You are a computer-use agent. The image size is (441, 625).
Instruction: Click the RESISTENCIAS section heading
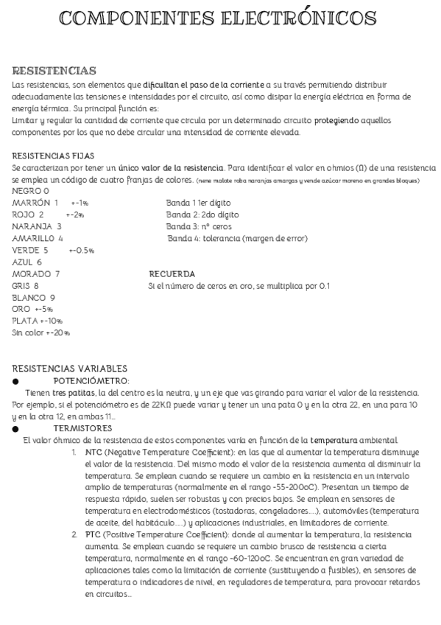coord(54,71)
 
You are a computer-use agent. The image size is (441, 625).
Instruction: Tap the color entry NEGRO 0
coord(31,191)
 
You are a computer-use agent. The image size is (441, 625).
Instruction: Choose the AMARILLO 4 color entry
coord(38,238)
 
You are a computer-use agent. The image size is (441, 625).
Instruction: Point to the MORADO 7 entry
coord(36,273)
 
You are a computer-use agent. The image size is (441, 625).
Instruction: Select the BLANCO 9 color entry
coord(33,297)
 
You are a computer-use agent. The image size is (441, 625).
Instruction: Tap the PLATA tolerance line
coord(37,321)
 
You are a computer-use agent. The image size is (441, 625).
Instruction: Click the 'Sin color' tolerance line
coord(40,332)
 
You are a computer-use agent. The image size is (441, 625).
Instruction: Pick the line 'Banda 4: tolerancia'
coord(237,238)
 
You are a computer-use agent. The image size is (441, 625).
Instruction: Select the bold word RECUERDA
coord(172,273)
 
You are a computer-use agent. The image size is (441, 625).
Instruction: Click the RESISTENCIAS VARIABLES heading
coord(70,369)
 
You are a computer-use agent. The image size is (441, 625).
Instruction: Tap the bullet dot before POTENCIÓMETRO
coord(16,380)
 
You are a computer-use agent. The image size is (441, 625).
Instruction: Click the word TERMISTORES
coord(82,428)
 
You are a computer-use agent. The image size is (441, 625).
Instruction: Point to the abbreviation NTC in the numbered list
coord(94,452)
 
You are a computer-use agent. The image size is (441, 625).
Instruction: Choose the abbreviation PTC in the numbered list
coord(94,534)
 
